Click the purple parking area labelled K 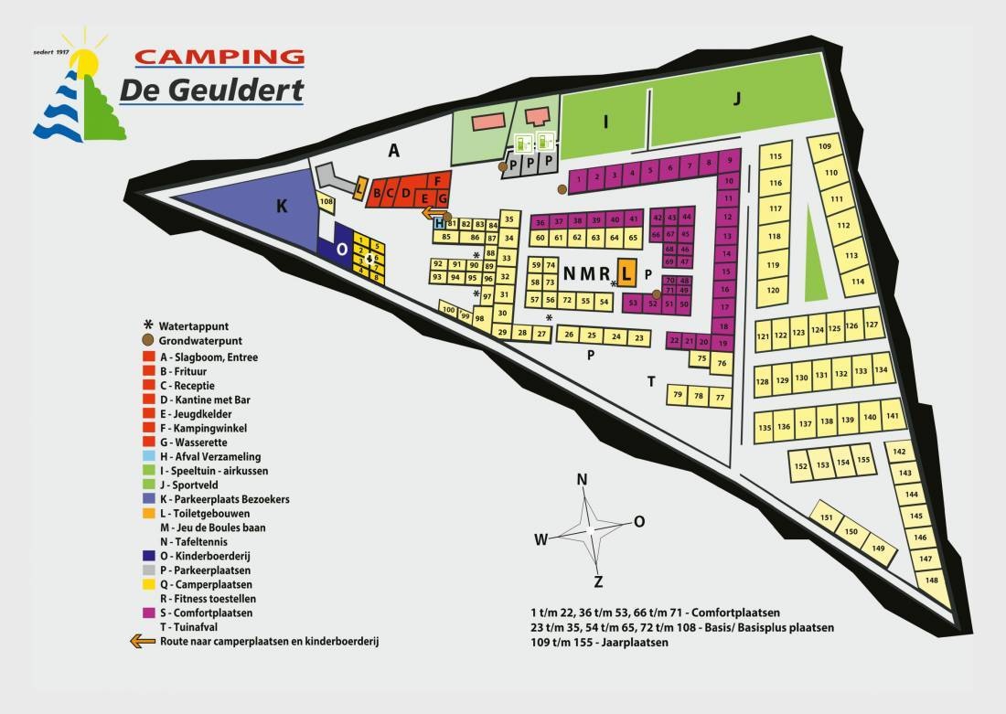coord(265,208)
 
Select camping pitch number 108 coord(326,201)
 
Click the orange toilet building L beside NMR coord(626,272)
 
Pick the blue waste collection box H coord(439,223)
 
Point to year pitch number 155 coord(862,461)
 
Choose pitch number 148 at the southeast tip coord(932,580)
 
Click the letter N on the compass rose coord(582,480)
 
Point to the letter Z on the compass coord(598,581)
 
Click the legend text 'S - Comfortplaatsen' coord(206,613)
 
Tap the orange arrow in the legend coord(144,642)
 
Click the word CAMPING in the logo coord(219,57)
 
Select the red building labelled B coord(378,194)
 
